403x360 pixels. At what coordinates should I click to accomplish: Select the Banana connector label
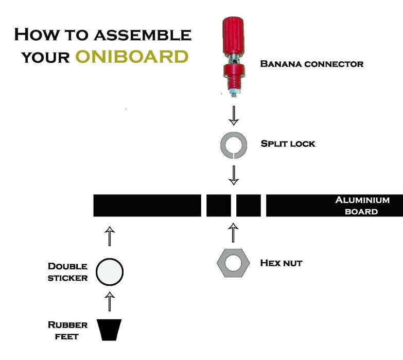point(312,64)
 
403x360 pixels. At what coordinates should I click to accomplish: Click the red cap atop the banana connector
point(233,33)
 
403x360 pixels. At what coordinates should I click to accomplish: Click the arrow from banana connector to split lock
point(234,116)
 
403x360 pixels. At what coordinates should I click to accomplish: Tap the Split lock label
point(288,144)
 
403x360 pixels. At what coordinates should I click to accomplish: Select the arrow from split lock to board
point(234,175)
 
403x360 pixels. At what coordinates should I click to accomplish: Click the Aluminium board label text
point(362,205)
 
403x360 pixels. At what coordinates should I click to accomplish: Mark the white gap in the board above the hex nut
point(234,205)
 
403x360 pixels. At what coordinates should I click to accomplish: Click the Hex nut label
point(281,263)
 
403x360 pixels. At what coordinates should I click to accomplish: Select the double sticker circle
point(110,271)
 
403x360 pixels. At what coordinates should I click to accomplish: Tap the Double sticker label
point(68,272)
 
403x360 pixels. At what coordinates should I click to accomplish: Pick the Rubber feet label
point(68,330)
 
